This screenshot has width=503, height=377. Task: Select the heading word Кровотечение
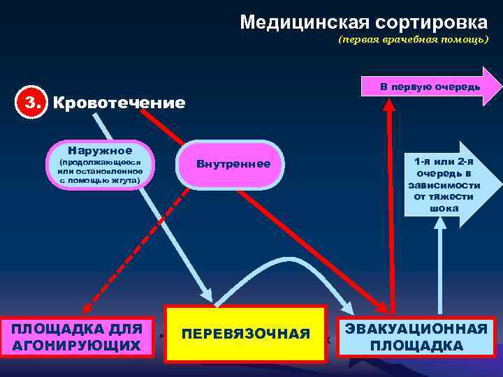[119, 104]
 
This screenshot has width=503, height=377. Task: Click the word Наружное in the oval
[100, 150]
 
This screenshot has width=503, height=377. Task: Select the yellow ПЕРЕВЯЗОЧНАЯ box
[245, 334]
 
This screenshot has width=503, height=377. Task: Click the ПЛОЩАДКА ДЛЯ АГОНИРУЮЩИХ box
[77, 337]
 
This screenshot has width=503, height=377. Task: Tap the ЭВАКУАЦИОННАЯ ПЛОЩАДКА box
[417, 337]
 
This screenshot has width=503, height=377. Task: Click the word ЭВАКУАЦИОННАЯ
[417, 329]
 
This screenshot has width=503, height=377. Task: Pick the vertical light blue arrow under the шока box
[440, 265]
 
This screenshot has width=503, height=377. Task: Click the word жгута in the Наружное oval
[122, 181]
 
